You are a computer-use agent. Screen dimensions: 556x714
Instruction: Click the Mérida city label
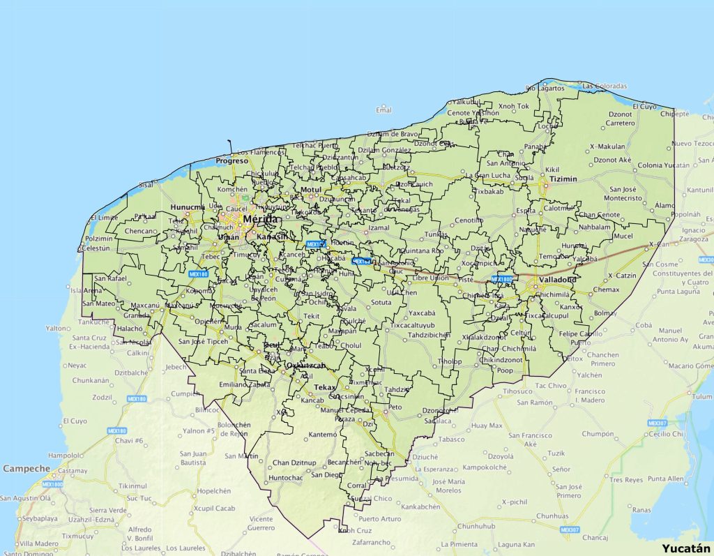[x=261, y=219]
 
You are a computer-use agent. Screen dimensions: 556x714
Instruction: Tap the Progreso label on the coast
[x=231, y=160]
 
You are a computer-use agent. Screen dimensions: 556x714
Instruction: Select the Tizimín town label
[x=563, y=179]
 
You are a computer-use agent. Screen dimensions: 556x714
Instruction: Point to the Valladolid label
[x=556, y=280]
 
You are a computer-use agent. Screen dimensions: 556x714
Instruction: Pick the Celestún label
[x=96, y=248]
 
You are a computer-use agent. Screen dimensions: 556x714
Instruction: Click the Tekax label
[x=325, y=387]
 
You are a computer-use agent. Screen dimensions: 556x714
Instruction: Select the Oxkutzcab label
[x=306, y=366]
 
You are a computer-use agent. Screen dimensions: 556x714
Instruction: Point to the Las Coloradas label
[x=605, y=86]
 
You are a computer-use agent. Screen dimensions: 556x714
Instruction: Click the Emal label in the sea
[x=383, y=110]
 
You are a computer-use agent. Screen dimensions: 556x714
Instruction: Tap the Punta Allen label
[x=666, y=479]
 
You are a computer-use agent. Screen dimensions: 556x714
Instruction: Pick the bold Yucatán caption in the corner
[x=686, y=548]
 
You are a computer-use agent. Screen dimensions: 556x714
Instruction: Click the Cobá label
[x=644, y=325]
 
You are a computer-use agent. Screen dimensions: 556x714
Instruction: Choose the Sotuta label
[x=381, y=303]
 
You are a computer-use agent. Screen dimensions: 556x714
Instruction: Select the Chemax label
[x=606, y=290]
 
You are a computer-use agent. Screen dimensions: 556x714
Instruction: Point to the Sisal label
[x=146, y=186]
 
